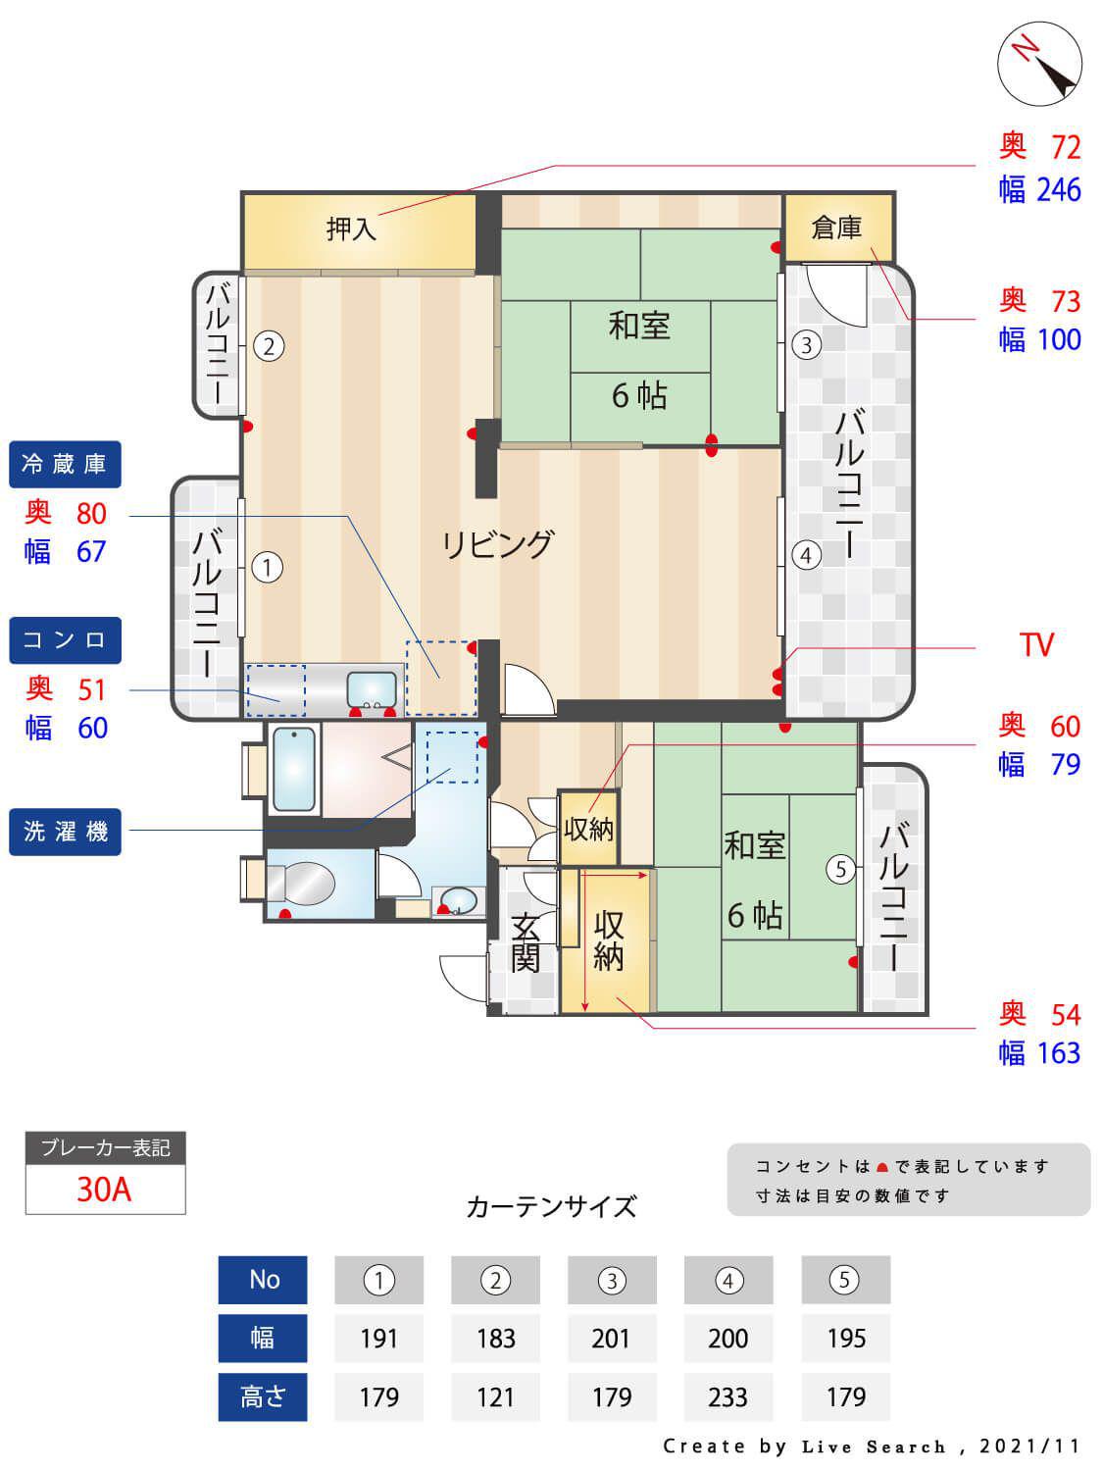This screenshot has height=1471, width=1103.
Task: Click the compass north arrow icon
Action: tap(1039, 63)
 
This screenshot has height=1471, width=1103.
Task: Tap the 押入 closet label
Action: tap(351, 229)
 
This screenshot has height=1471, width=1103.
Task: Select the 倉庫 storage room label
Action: tap(836, 228)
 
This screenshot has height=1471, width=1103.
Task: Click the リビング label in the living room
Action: tap(498, 543)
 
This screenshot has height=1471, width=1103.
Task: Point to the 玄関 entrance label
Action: tap(526, 941)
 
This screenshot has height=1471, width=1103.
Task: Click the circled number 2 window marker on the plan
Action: tap(269, 345)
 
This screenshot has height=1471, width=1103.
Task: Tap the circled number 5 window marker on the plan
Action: tap(840, 869)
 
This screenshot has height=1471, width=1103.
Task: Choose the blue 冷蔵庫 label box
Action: tap(65, 464)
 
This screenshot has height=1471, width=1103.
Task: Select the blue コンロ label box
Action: tap(65, 640)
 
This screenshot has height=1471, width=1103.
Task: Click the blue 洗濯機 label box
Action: tap(65, 832)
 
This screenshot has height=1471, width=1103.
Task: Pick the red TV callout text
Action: tap(1035, 645)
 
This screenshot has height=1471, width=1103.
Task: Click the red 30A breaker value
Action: tap(104, 1190)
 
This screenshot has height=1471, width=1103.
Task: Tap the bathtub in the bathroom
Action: tap(294, 770)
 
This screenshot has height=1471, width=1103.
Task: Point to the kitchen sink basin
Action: tap(373, 688)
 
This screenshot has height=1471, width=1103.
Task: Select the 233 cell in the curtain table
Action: tap(727, 1396)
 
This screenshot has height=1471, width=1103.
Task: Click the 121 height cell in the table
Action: tap(495, 1396)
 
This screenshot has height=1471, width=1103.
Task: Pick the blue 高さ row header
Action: tap(263, 1396)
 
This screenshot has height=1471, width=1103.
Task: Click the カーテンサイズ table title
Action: tap(551, 1206)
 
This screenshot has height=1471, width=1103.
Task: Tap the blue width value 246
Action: tap(1059, 190)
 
